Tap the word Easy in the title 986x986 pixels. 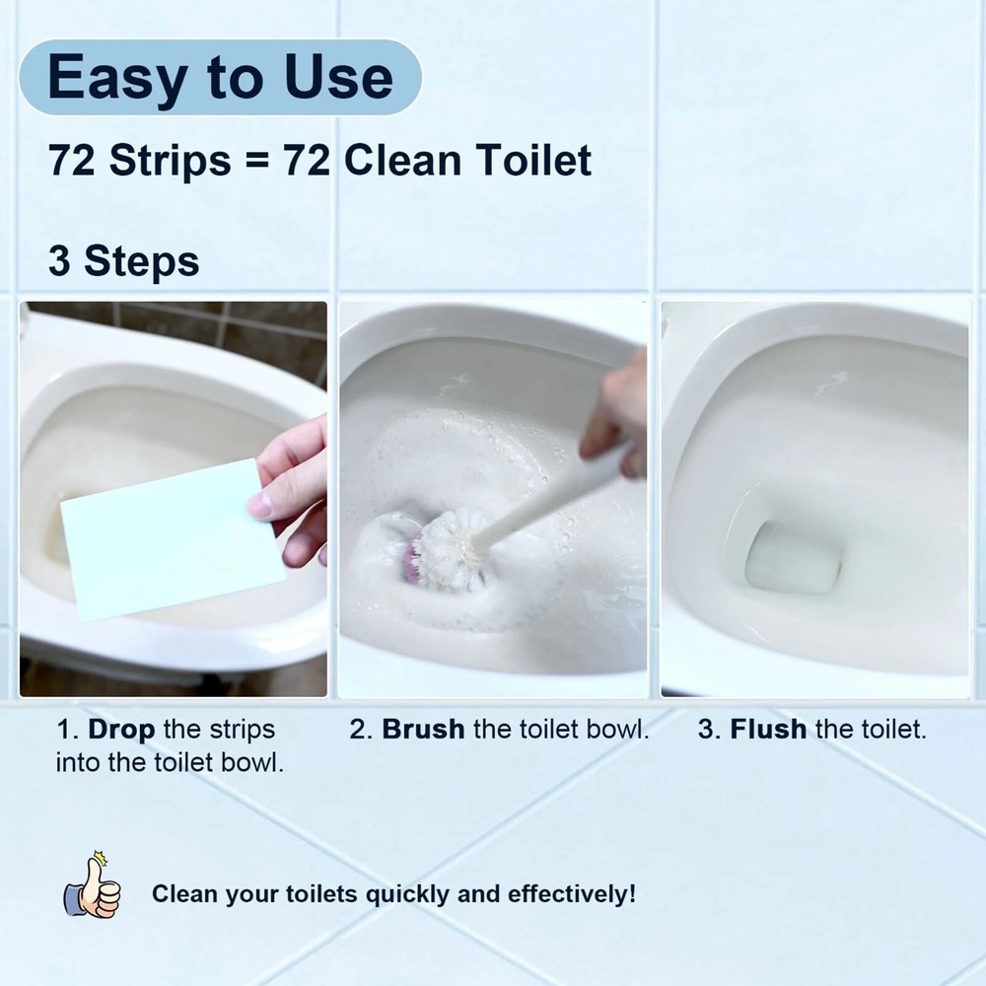click(117, 79)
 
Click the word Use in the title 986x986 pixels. click(338, 77)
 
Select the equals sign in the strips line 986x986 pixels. click(256, 162)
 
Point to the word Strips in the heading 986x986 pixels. click(171, 161)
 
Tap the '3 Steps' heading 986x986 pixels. click(124, 261)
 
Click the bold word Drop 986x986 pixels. click(121, 730)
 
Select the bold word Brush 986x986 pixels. click(423, 730)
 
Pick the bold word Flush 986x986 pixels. click(768, 730)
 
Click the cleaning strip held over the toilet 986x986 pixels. click(172, 539)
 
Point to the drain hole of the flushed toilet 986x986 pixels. click(793, 557)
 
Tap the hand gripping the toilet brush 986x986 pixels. click(614, 415)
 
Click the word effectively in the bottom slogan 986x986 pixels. click(571, 894)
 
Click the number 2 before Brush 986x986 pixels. click(360, 730)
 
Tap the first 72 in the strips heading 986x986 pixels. click(72, 161)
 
